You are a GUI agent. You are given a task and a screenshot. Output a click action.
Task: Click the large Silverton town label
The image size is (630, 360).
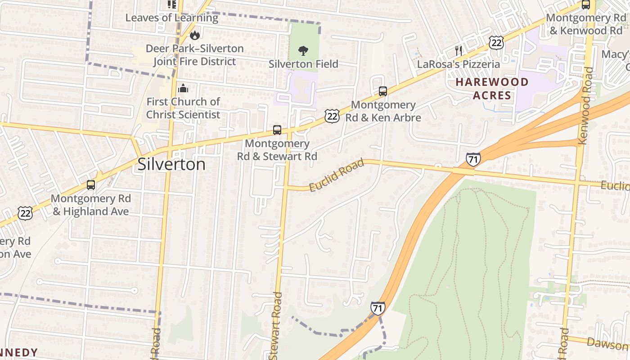coord(171,164)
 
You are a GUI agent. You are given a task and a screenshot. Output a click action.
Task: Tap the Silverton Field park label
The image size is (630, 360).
coord(303,64)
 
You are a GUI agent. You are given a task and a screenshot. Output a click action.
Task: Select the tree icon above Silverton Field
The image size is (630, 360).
coord(304,50)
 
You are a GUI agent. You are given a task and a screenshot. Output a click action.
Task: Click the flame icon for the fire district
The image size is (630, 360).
coord(195,35)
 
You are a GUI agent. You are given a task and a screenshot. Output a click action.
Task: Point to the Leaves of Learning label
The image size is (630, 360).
coord(171,18)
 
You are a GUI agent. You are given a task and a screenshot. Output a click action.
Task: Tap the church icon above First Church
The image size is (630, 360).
coord(183,88)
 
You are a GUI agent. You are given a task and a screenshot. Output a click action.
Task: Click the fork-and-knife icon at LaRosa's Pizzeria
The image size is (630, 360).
coord(459,50)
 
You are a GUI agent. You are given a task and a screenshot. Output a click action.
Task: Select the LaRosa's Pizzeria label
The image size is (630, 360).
coord(459,64)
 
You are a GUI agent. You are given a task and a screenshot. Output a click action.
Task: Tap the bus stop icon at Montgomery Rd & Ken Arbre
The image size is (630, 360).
coord(382,91)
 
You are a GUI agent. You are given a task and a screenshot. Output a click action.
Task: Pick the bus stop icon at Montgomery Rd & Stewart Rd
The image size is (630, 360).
coord(277,130)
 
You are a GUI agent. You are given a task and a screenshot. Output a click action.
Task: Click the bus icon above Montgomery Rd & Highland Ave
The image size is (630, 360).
coord(91,184)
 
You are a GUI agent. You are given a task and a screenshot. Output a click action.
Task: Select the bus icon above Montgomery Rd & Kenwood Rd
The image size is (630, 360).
coord(585,5)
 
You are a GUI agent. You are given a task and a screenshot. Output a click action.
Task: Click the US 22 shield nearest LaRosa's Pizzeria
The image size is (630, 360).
coord(496,43)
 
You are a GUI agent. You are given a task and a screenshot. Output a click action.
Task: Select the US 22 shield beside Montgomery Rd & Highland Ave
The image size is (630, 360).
coord(25,213)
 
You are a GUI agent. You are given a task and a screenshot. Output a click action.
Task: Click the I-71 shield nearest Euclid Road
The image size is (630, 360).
coord(473,159)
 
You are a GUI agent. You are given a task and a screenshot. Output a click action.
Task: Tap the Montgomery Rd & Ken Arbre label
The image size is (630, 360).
coord(383,111)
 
